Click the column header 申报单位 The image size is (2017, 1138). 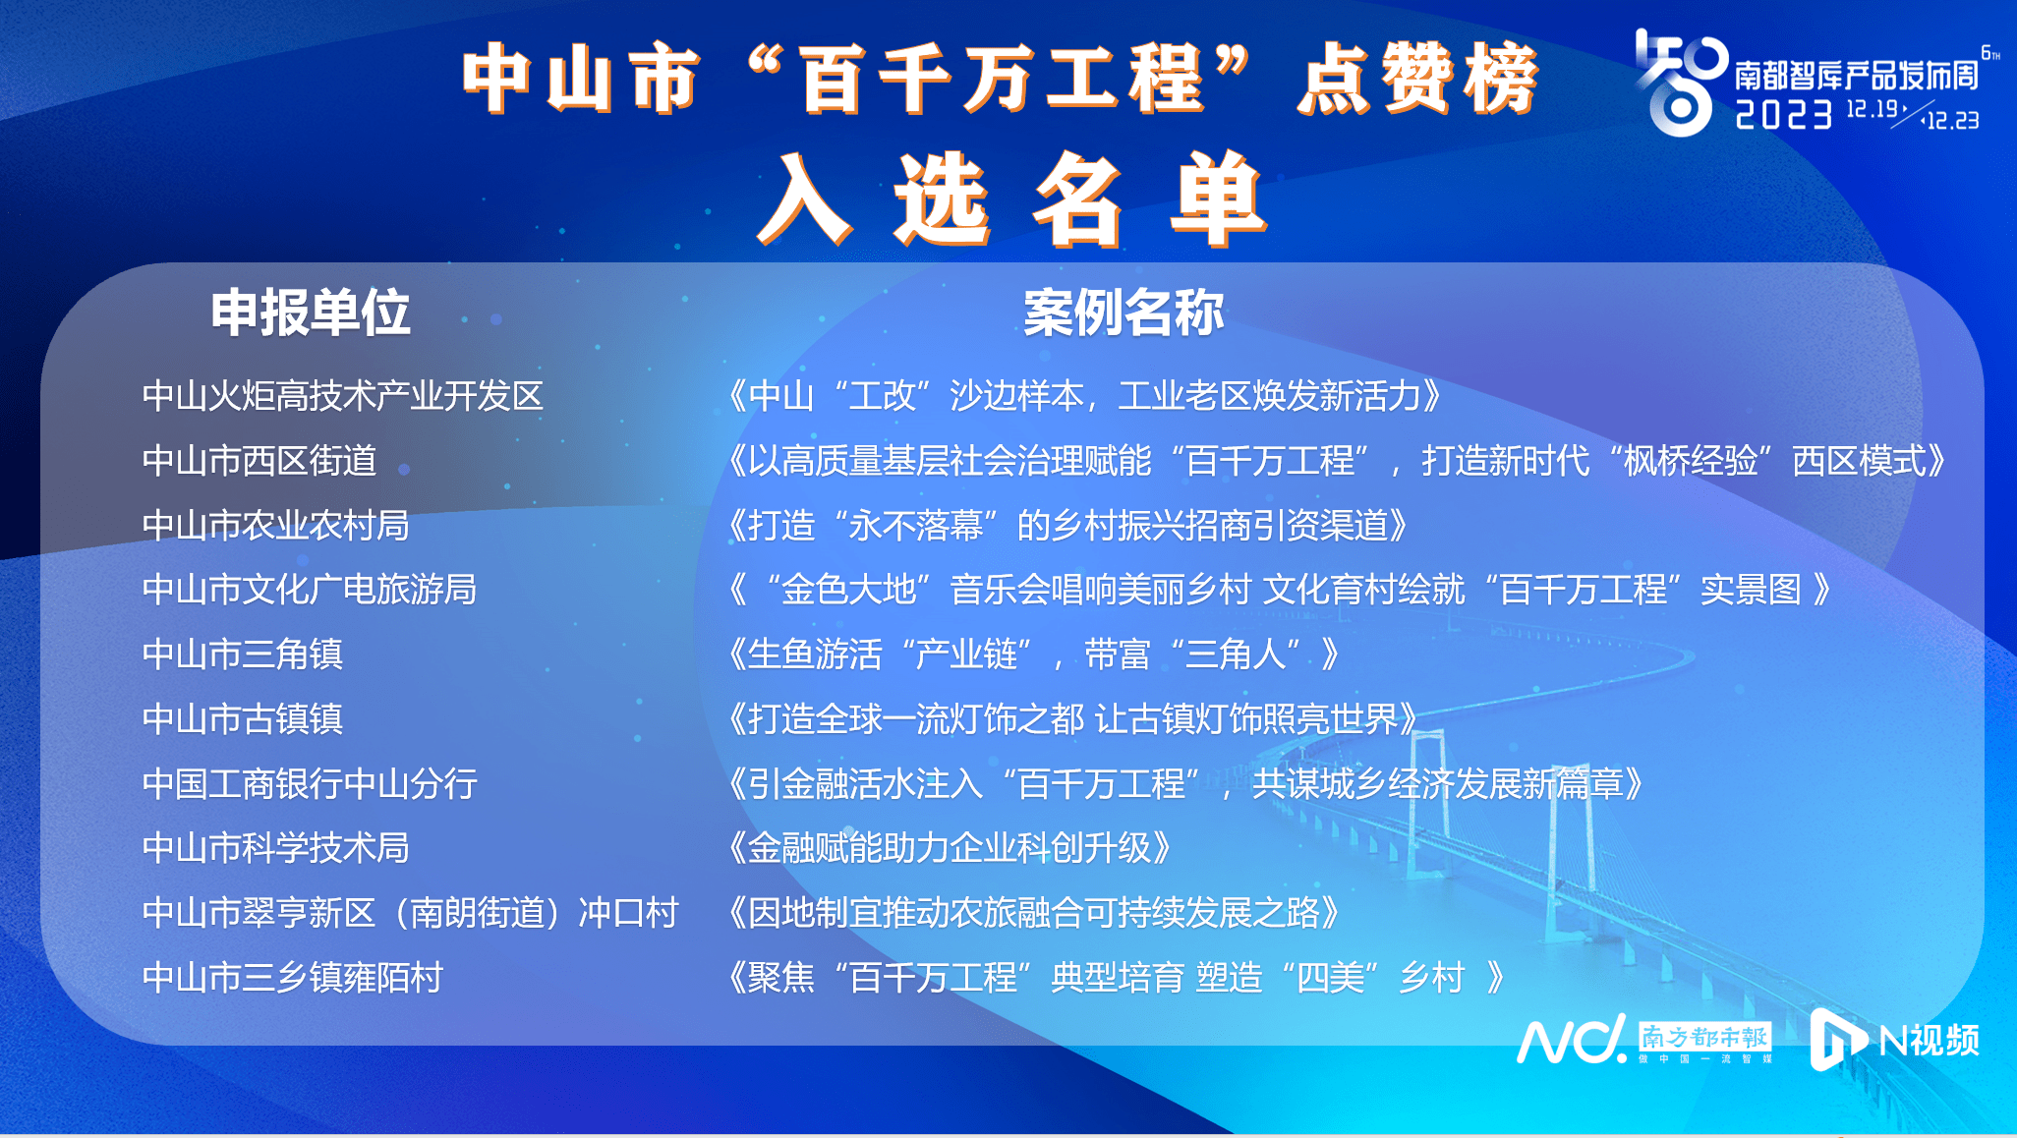(x=311, y=313)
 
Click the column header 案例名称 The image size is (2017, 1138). (x=1124, y=313)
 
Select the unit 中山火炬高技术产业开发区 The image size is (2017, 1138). (x=343, y=396)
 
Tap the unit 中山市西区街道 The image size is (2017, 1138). (x=259, y=461)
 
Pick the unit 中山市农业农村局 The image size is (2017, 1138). (x=276, y=526)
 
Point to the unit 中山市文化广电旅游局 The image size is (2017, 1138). (x=310, y=590)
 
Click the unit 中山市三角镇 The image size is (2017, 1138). (x=243, y=654)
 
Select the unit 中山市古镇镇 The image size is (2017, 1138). (x=243, y=719)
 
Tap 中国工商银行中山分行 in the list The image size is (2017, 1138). (x=310, y=784)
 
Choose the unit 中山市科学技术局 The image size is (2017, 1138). (x=276, y=848)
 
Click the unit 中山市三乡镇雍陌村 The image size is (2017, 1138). (x=293, y=978)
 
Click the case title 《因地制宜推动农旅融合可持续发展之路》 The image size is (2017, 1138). (x=1034, y=913)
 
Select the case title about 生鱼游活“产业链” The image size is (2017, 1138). (x=1033, y=654)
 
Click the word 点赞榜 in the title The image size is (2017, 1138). (x=1417, y=79)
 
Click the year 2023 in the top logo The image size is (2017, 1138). (x=1784, y=115)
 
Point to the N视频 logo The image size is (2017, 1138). (x=1895, y=1040)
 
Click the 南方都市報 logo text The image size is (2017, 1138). (x=1705, y=1037)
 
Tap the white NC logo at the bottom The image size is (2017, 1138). (x=1572, y=1040)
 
